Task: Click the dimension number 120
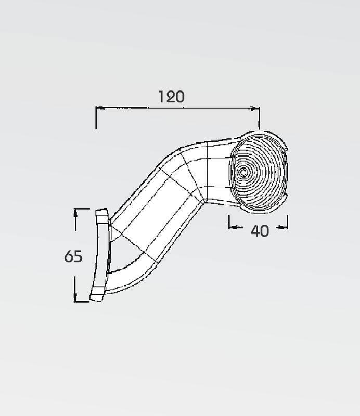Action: pos(171,97)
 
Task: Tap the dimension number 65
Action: pos(73,256)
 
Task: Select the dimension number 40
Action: pos(260,231)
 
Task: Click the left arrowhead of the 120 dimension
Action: pos(100,108)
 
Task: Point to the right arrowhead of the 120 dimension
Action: pos(255,108)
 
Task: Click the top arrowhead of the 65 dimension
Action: pos(75,213)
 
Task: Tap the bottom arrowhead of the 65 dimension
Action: pos(75,297)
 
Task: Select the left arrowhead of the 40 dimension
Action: pos(233,227)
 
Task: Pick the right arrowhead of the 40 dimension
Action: pos(284,227)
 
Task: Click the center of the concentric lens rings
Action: pos(243,172)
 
